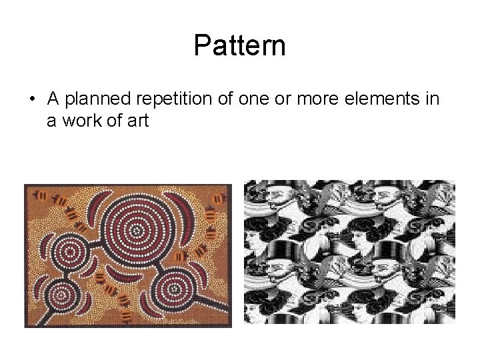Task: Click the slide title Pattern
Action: coord(239,45)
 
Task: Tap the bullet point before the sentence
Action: coord(31,100)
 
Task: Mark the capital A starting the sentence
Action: coord(53,100)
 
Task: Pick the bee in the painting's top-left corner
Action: coord(41,196)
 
